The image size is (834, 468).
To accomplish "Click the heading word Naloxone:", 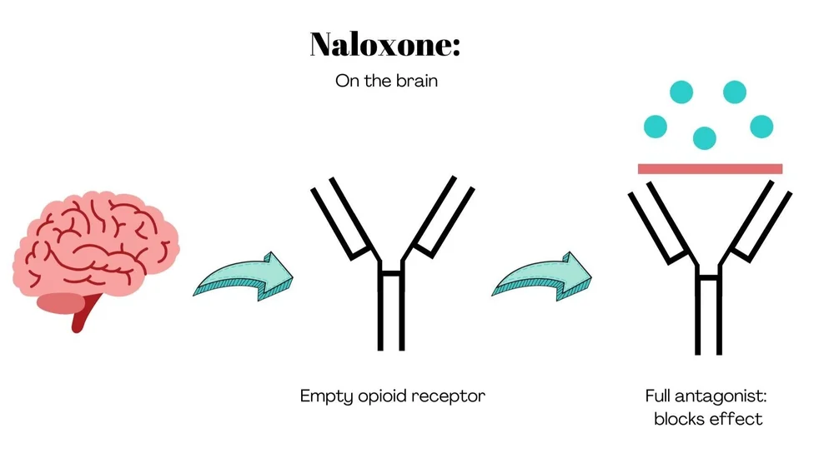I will [x=384, y=44].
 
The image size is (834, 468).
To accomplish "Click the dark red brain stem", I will [x=81, y=315].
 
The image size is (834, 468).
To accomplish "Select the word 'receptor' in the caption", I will [x=450, y=396].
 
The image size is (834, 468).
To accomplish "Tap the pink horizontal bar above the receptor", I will [x=710, y=169].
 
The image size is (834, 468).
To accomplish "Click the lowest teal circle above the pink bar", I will [x=705, y=138].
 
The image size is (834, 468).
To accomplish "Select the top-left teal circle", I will [x=681, y=92].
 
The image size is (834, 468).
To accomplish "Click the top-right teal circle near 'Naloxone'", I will [x=735, y=92].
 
